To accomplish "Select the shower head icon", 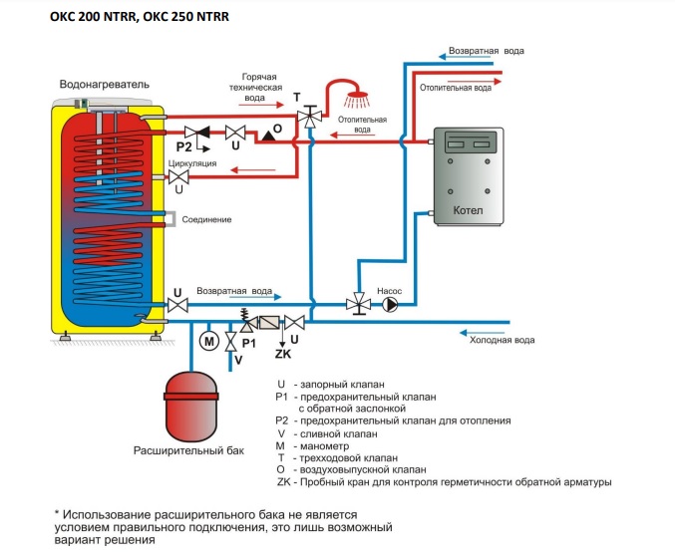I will (354, 101).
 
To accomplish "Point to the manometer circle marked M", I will (208, 342).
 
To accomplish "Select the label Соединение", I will (207, 219).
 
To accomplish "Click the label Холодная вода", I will (503, 340).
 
